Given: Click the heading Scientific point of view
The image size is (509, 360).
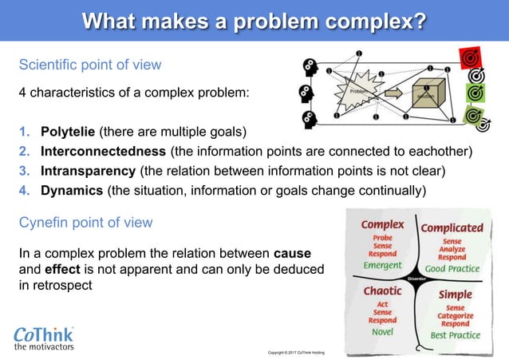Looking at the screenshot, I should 90,65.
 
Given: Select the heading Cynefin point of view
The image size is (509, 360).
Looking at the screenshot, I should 85,221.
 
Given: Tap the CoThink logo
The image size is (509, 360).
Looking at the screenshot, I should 46,336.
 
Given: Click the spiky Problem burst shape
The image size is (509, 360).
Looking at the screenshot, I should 357,93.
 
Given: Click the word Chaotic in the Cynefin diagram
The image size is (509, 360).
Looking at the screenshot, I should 382,291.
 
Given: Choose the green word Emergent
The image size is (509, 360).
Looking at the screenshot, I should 382,266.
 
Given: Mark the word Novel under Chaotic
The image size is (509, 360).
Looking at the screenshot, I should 383,331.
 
